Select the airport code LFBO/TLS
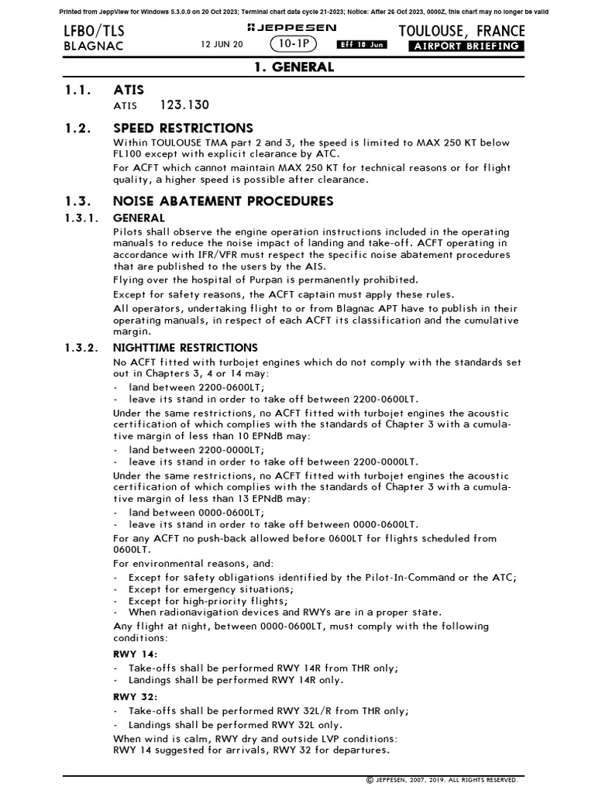pyautogui.click(x=95, y=31)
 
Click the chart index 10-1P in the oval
pyautogui.click(x=297, y=46)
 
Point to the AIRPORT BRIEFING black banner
pyautogui.click(x=466, y=46)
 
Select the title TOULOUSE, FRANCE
pyautogui.click(x=461, y=31)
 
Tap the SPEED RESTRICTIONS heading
pyautogui.click(x=183, y=128)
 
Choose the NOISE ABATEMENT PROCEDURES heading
pyautogui.click(x=223, y=201)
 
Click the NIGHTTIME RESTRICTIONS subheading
pyautogui.click(x=185, y=348)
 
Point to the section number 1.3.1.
pyautogui.click(x=81, y=218)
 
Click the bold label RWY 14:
pyautogui.click(x=136, y=654)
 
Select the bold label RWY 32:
pyautogui.click(x=136, y=696)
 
